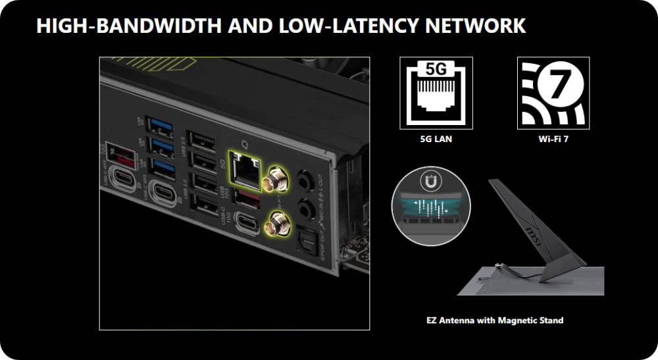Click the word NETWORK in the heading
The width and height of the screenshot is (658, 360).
click(x=475, y=26)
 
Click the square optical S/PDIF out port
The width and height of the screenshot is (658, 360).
click(x=307, y=236)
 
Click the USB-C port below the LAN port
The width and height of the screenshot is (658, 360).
click(x=247, y=222)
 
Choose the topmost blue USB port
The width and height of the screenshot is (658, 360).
click(x=161, y=123)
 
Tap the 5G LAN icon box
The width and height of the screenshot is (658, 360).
click(x=436, y=92)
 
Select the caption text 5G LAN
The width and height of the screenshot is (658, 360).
click(x=436, y=140)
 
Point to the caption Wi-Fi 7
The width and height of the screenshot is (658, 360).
click(x=553, y=140)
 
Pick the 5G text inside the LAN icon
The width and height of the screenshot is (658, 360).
click(x=436, y=69)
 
